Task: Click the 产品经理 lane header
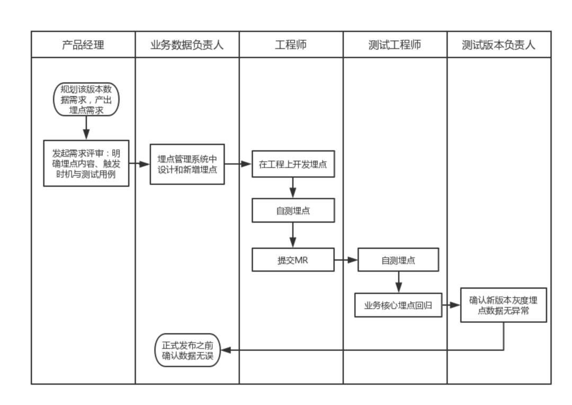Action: tap(83, 44)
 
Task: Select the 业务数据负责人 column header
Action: tap(187, 44)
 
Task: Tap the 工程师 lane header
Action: tap(291, 44)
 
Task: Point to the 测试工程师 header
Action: tap(395, 44)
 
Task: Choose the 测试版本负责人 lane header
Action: tap(498, 44)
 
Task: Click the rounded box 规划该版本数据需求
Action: tap(86, 100)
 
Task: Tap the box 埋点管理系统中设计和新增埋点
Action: tap(187, 164)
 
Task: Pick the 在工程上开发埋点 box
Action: tap(293, 164)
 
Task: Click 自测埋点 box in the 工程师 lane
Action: tap(293, 211)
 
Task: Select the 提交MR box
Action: tap(293, 260)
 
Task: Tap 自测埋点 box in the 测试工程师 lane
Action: tap(398, 260)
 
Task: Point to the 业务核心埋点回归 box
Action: tap(398, 305)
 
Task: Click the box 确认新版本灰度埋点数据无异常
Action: tap(503, 305)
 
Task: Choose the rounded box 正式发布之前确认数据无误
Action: tap(187, 350)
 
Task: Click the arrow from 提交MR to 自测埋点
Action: tap(346, 260)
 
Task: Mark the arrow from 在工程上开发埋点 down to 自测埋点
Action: tap(293, 187)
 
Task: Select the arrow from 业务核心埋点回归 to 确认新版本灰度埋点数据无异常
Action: tap(451, 305)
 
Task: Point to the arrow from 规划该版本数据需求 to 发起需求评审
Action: tap(86, 128)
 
